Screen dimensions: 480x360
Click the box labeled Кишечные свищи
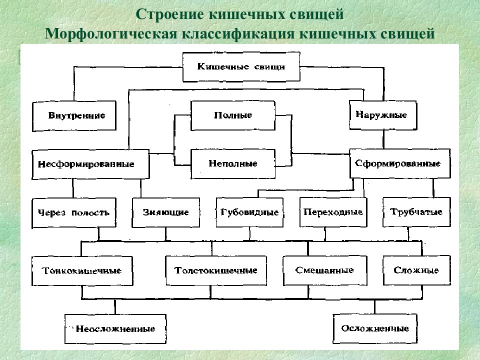(241, 66)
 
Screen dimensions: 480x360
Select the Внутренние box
(74, 116)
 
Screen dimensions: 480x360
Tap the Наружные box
(383, 115)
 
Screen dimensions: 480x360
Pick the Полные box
(233, 115)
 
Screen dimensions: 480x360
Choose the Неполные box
(233, 164)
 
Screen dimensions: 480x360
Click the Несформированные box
(90, 164)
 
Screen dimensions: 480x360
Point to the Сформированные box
(400, 163)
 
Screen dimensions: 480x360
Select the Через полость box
(74, 213)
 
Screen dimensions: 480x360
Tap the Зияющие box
(166, 212)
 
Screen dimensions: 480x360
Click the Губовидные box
(250, 212)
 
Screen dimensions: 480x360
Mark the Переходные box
(333, 212)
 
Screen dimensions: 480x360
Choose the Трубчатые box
(416, 212)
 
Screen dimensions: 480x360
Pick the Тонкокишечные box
(82, 271)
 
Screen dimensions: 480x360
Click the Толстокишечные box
(216, 270)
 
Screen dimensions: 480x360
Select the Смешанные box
(325, 270)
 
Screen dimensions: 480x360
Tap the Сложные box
(416, 270)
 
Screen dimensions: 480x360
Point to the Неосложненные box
(115, 329)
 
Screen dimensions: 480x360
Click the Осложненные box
(375, 329)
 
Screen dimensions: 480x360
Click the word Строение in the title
(170, 14)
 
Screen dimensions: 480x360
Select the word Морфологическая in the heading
(111, 33)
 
